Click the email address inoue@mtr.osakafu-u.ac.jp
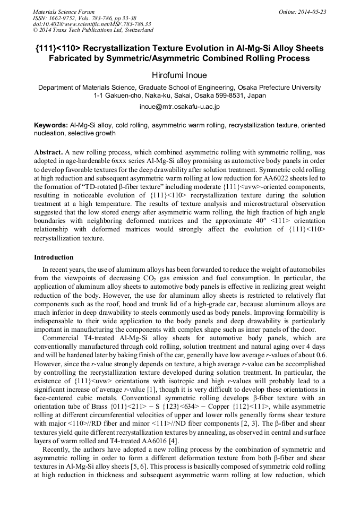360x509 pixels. tap(179, 106)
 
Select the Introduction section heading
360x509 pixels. tap(54, 257)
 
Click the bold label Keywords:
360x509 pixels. tap(51, 126)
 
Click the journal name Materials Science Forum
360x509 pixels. tap(64, 12)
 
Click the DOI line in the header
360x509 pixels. tap(91, 24)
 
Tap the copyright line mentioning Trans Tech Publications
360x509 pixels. tap(93, 30)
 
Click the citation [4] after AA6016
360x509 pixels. tap(176, 426)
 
